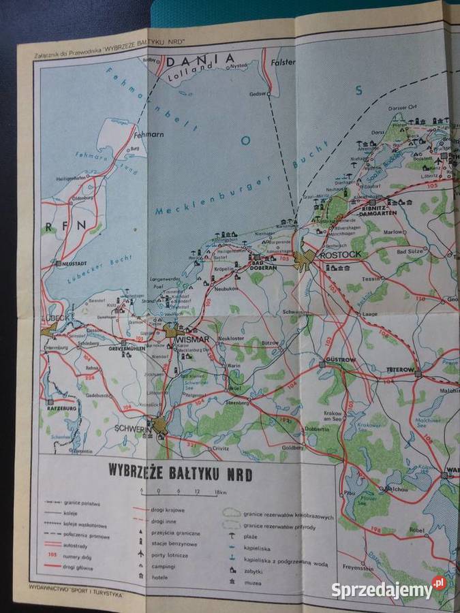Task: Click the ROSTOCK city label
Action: [x=344, y=254]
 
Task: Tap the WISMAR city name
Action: [x=192, y=339]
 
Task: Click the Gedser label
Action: [x=258, y=93]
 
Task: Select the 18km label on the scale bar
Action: [x=219, y=491]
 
